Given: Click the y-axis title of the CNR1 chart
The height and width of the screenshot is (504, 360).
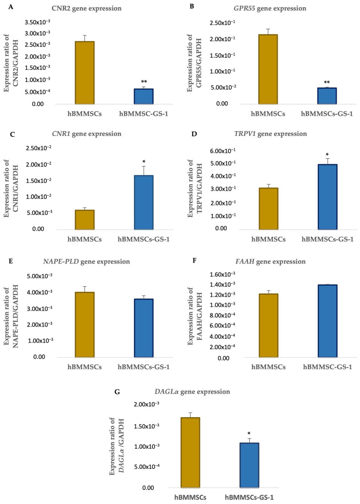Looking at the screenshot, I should (x=10, y=188).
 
